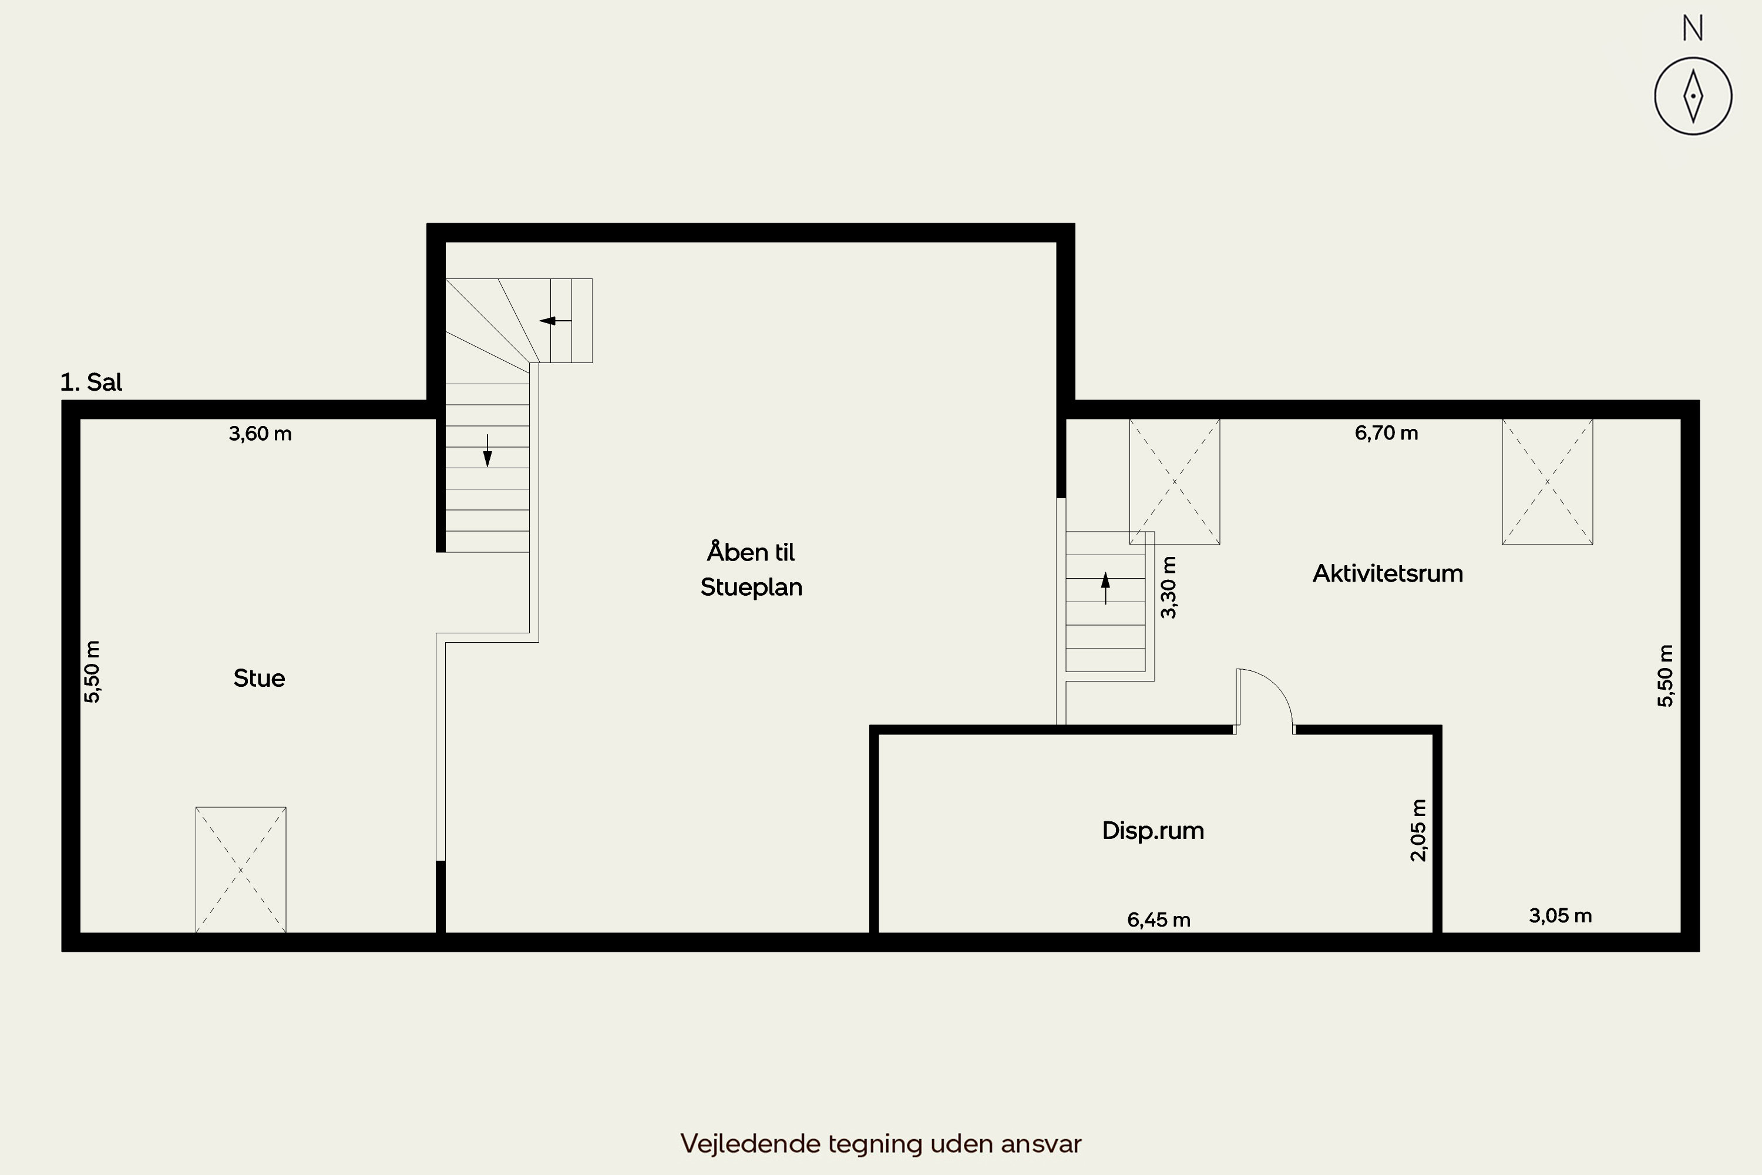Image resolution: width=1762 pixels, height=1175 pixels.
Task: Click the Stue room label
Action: (x=259, y=678)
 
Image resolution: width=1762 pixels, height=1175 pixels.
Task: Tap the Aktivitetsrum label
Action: (x=1387, y=573)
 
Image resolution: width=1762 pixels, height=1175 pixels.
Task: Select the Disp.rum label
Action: (x=1153, y=830)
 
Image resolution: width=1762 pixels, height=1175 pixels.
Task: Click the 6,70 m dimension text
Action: (x=1386, y=433)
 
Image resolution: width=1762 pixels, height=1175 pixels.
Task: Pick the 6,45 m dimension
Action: (x=1158, y=919)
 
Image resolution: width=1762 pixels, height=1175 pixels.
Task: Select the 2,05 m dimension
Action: (x=1418, y=830)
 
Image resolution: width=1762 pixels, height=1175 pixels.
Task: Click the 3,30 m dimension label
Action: (x=1168, y=587)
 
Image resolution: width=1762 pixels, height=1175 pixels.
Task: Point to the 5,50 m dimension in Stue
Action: (x=92, y=672)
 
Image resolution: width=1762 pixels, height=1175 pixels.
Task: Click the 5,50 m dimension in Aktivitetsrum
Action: (x=1665, y=676)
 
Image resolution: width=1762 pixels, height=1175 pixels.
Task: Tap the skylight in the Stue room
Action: (x=240, y=869)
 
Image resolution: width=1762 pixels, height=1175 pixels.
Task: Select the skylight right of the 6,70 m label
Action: (x=1547, y=481)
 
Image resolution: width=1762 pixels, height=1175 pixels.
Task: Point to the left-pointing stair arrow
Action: (x=555, y=321)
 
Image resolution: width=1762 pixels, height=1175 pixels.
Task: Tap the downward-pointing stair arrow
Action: (x=487, y=451)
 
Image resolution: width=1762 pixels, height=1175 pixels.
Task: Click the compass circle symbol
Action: (x=1693, y=96)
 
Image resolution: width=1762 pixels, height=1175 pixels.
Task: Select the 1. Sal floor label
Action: (x=90, y=382)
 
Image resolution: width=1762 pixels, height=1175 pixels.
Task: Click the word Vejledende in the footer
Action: (x=750, y=1143)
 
